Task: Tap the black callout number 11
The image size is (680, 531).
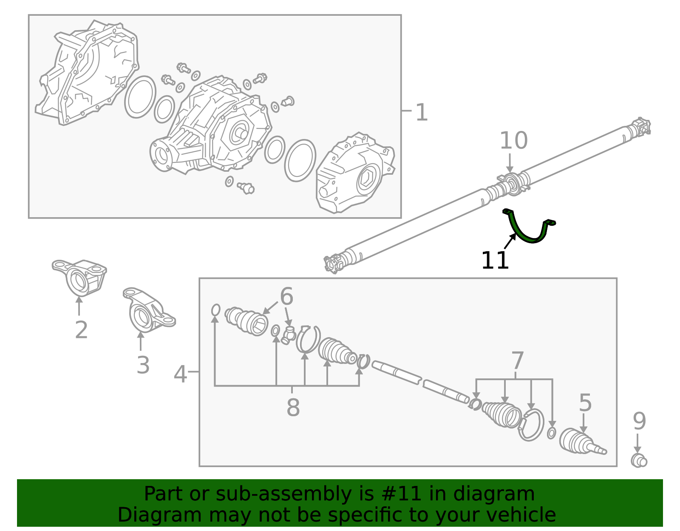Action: (495, 261)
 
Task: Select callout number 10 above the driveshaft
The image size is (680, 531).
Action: (513, 141)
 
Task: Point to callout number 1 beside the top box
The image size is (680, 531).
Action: (421, 113)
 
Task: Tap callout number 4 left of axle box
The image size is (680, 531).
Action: (180, 375)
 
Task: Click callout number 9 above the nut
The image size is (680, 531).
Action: (639, 421)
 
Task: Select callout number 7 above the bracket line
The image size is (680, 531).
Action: (517, 361)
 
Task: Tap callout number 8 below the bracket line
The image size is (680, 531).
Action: (293, 408)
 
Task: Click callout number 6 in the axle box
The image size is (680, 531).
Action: (286, 296)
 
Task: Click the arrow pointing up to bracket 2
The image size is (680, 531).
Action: (79, 306)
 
